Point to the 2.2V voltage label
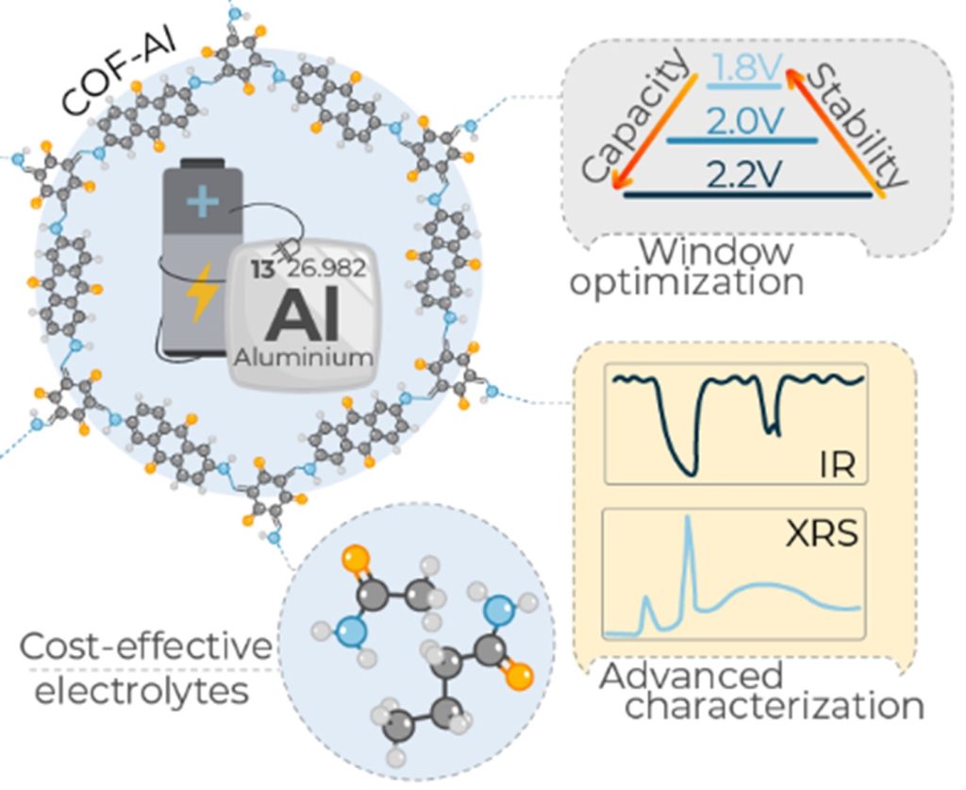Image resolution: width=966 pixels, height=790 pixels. [x=742, y=174]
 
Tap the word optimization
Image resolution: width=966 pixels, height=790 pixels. [x=687, y=282]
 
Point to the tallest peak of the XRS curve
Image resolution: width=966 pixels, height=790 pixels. [x=689, y=519]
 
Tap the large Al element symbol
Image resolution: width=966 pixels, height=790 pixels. [x=301, y=317]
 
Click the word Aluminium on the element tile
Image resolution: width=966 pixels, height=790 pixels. [x=301, y=359]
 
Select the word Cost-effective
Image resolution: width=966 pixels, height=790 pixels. [x=144, y=648]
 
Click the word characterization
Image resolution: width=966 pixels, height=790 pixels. [x=774, y=707]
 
